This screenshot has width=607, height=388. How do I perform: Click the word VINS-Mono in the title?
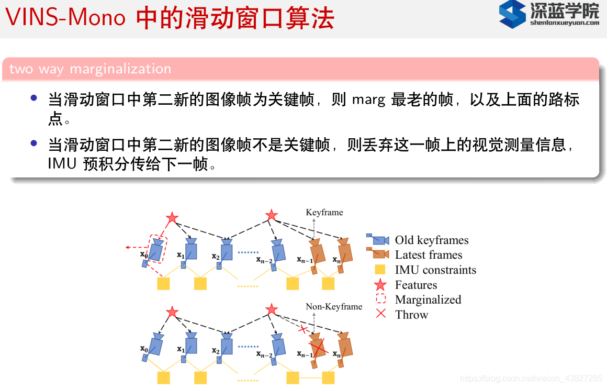(x=65, y=18)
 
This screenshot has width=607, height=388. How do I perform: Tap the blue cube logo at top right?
(x=512, y=14)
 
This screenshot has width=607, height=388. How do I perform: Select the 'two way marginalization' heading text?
(x=90, y=69)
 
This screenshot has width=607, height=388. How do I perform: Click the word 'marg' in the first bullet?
(x=368, y=99)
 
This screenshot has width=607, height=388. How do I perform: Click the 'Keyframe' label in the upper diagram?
(x=324, y=212)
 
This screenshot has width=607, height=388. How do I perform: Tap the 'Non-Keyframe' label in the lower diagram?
(x=334, y=307)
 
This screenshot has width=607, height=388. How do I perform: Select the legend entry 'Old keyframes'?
(x=432, y=240)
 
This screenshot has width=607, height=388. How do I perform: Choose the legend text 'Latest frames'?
(x=429, y=255)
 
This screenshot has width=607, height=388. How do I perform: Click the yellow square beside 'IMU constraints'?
(x=380, y=270)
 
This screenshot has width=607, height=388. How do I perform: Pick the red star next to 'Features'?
(x=380, y=285)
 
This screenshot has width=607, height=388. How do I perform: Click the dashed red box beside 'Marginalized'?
(x=380, y=300)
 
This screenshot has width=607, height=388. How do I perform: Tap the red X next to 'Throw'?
(x=380, y=314)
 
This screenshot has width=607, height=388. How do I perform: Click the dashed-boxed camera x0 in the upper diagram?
(x=158, y=249)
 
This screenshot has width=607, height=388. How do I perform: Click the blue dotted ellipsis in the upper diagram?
(x=249, y=252)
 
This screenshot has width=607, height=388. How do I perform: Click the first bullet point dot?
(x=34, y=98)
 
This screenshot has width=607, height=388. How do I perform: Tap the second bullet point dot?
(x=34, y=143)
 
